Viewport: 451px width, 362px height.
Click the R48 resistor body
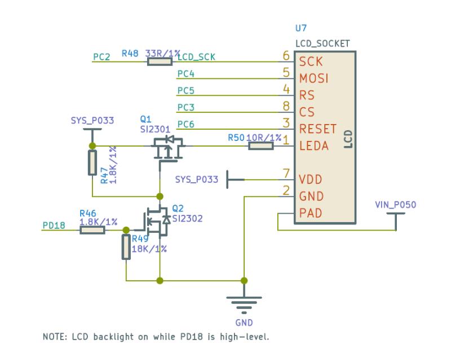(160, 60)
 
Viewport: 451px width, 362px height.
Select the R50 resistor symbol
(261, 146)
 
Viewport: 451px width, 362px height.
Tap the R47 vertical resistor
(91, 162)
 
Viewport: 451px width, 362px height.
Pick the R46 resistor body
(92, 229)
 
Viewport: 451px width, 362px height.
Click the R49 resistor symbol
(126, 247)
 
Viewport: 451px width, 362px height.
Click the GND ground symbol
(244, 304)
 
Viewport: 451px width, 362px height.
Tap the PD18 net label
(54, 226)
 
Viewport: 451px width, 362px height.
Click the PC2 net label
(102, 56)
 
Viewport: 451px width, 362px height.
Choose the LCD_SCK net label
(196, 56)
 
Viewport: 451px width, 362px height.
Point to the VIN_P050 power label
(395, 205)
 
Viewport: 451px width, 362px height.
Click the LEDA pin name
(315, 147)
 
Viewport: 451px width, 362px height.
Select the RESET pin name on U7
(319, 129)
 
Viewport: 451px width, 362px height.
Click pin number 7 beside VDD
(286, 175)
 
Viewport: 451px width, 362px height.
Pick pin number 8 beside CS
(286, 105)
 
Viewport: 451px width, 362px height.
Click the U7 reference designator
(301, 28)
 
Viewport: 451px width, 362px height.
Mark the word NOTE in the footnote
(55, 337)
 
